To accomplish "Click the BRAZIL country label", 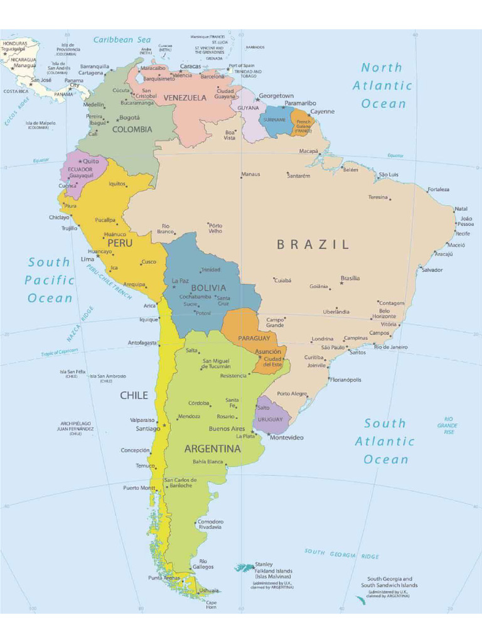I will click(313, 245).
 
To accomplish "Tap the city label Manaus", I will click(250, 174).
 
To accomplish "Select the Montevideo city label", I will click(287, 437).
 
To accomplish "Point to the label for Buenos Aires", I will click(227, 429).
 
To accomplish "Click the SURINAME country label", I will click(274, 119).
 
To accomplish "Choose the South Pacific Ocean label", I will click(50, 280).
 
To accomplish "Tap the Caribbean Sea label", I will click(122, 40).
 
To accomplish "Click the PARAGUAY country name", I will click(254, 338).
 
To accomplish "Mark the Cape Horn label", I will click(212, 604).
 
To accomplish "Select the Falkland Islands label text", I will click(273, 570).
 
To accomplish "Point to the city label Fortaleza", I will click(438, 189).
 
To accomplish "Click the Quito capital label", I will click(91, 161).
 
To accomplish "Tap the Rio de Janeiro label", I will click(391, 347).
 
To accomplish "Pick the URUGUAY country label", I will click(270, 419).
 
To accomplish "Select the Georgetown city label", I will click(276, 96).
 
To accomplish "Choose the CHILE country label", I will click(134, 395).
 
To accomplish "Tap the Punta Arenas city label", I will click(163, 578).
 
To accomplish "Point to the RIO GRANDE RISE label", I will click(448, 425).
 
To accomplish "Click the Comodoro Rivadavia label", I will click(210, 524).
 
